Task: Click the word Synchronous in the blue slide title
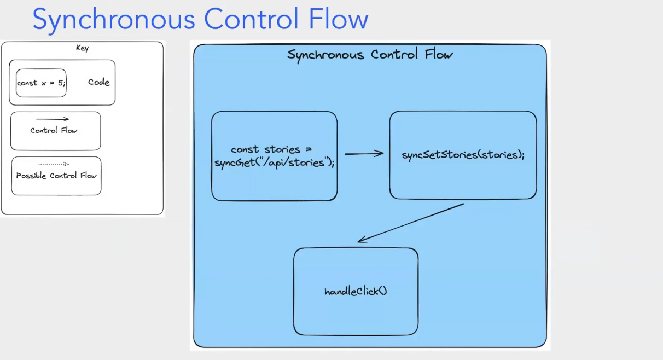pyautogui.click(x=114, y=19)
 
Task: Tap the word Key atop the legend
pyautogui.click(x=82, y=48)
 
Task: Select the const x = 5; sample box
pyautogui.click(x=41, y=83)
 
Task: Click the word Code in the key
pyautogui.click(x=99, y=82)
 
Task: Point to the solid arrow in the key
pyautogui.click(x=53, y=119)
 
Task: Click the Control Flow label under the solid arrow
pyautogui.click(x=54, y=131)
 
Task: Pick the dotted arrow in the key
pyautogui.click(x=54, y=164)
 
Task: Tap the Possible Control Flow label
pyautogui.click(x=56, y=176)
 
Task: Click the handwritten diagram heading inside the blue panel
pyautogui.click(x=370, y=55)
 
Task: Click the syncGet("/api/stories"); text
pyautogui.click(x=275, y=162)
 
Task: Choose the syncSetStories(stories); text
pyautogui.click(x=463, y=155)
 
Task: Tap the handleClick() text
pyautogui.click(x=356, y=291)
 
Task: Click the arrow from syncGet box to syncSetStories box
pyautogui.click(x=364, y=154)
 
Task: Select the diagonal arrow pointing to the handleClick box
pyautogui.click(x=410, y=223)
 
